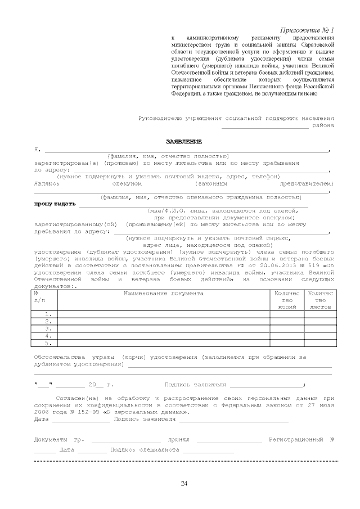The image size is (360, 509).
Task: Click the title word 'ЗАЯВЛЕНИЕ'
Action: coord(183,141)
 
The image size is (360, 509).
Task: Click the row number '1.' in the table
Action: coord(48,314)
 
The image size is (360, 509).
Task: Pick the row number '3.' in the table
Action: coord(48,328)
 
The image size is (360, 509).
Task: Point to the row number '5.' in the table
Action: coord(48,343)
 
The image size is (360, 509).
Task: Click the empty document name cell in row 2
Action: coord(163,321)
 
